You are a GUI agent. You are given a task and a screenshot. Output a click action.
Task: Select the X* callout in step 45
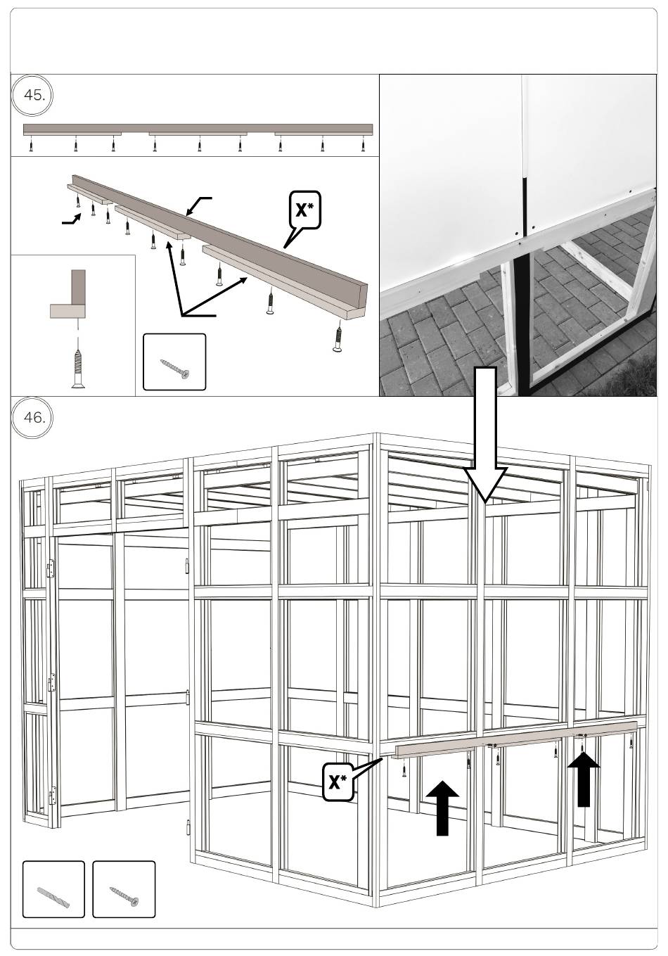[x=304, y=210]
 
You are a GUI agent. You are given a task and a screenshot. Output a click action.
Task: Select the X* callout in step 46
[x=338, y=782]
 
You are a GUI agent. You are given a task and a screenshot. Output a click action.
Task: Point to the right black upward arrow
[x=584, y=777]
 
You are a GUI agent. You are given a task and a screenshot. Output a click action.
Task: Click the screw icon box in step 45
[x=174, y=362]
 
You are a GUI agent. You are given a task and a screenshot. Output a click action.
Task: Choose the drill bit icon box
[x=53, y=889]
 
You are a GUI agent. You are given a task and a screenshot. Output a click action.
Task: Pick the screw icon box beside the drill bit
[x=124, y=889]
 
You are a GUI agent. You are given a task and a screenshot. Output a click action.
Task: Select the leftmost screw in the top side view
[x=31, y=146]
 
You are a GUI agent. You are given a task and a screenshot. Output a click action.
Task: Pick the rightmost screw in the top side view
[x=363, y=146]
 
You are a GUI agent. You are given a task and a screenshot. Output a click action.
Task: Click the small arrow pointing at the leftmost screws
[x=71, y=221]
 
